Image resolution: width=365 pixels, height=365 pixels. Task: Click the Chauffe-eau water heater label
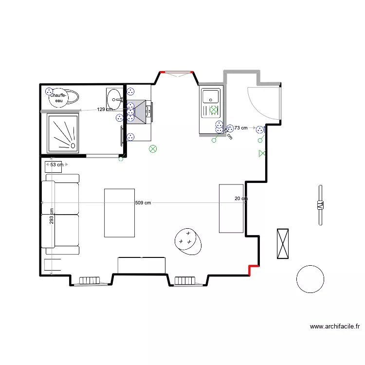pyautogui.click(x=59, y=98)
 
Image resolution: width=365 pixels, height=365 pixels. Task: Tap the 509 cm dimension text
pyautogui.click(x=143, y=203)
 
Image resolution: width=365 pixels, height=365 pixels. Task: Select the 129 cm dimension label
pyautogui.click(x=105, y=109)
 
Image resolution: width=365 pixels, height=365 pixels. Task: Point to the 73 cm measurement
pyautogui.click(x=241, y=128)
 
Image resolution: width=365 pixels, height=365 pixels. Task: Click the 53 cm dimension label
pyautogui.click(x=57, y=164)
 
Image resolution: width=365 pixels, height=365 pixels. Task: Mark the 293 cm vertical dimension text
pyautogui.click(x=52, y=216)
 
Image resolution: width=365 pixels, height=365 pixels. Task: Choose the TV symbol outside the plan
pyautogui.click(x=320, y=205)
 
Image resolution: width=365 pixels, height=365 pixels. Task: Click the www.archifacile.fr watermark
pyautogui.click(x=335, y=327)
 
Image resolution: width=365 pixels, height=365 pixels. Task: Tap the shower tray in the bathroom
pyautogui.click(x=63, y=133)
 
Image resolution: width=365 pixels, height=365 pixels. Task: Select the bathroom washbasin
pyautogui.click(x=114, y=99)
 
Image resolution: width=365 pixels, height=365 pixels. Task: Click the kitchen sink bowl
pyautogui.click(x=211, y=96)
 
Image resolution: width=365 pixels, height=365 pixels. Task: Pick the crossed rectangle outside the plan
pyautogui.click(x=283, y=244)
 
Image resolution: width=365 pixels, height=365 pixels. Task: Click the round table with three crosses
pyautogui.click(x=188, y=241)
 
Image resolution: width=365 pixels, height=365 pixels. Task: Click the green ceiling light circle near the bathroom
pyautogui.click(x=153, y=149)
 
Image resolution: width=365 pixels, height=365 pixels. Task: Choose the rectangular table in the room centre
pyautogui.click(x=119, y=213)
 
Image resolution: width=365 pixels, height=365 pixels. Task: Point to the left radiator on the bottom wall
pyautogui.click(x=90, y=280)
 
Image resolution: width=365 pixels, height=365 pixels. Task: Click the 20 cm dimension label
pyautogui.click(x=241, y=199)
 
